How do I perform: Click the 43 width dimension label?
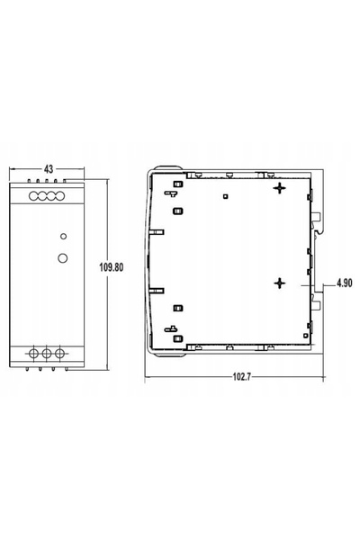(49, 169)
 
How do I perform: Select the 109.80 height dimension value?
(111, 267)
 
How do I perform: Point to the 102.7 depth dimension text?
(242, 377)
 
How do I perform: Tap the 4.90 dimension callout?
(344, 283)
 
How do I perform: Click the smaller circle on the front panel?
(63, 236)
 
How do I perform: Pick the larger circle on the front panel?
(63, 258)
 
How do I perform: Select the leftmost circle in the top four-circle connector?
(33, 196)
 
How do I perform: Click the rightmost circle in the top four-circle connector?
(60, 196)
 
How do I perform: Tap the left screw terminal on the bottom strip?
(33, 354)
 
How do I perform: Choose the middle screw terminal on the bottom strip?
(47, 354)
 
